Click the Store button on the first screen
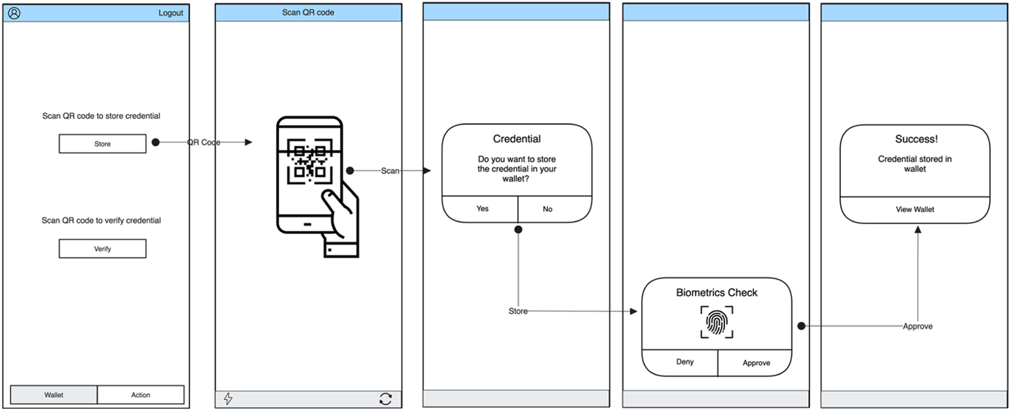click(x=103, y=144)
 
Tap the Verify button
click(x=103, y=249)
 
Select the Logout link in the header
click(x=170, y=13)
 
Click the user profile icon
click(x=14, y=13)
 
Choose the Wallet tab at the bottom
click(x=54, y=395)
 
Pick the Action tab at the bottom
click(x=141, y=395)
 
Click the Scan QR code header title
click(x=308, y=13)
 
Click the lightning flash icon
click(x=228, y=399)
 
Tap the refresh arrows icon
click(x=386, y=399)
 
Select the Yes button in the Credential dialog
click(x=482, y=209)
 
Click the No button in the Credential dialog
click(x=547, y=209)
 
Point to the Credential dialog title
click(x=516, y=139)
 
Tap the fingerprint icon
click(x=716, y=322)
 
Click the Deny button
click(x=685, y=362)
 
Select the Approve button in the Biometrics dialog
click(x=756, y=363)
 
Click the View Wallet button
click(x=914, y=210)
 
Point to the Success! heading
click(x=916, y=139)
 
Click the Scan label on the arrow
click(x=390, y=171)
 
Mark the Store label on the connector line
click(x=518, y=311)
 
